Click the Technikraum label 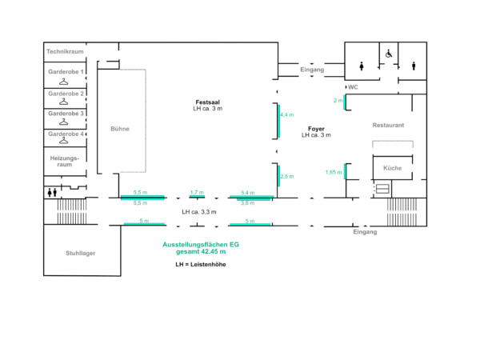click(x=66, y=51)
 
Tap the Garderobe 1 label click(x=66, y=72)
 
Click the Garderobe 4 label click(x=66, y=134)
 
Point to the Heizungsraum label click(x=66, y=162)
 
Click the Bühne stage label click(x=120, y=128)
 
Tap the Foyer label click(x=316, y=129)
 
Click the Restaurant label click(x=388, y=126)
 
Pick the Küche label click(x=392, y=168)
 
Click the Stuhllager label click(x=81, y=253)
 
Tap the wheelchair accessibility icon click(x=390, y=54)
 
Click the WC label click(x=353, y=86)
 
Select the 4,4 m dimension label click(x=286, y=115)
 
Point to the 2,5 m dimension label click(x=286, y=177)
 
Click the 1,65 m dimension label click(x=333, y=172)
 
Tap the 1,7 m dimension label click(x=197, y=193)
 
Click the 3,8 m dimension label click(x=248, y=203)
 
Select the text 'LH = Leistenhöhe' click(x=201, y=263)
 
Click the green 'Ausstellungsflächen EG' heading click(x=201, y=243)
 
